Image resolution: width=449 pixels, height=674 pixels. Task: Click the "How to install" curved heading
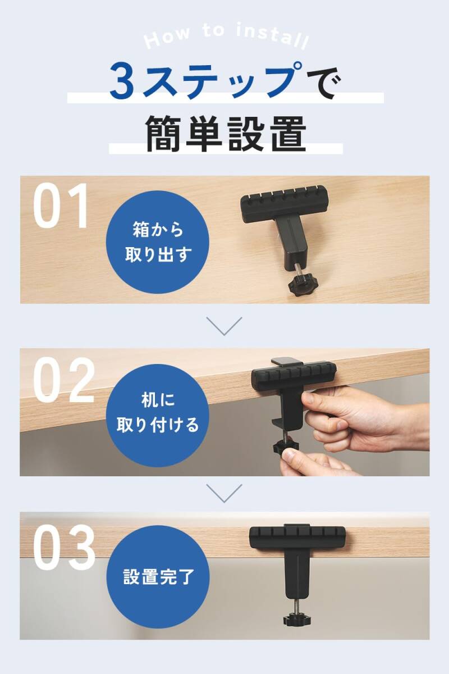pyautogui.click(x=226, y=36)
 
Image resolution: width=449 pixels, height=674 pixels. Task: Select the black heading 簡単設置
pyautogui.click(x=226, y=134)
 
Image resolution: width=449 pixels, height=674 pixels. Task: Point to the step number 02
pyautogui.click(x=64, y=380)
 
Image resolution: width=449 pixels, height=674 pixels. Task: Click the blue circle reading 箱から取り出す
pyautogui.click(x=158, y=242)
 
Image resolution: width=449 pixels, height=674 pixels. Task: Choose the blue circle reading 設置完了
pyautogui.click(x=158, y=577)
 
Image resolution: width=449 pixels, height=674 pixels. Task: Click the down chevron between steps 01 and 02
pyautogui.click(x=224, y=326)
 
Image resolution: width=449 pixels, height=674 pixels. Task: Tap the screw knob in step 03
pyautogui.click(x=297, y=618)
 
